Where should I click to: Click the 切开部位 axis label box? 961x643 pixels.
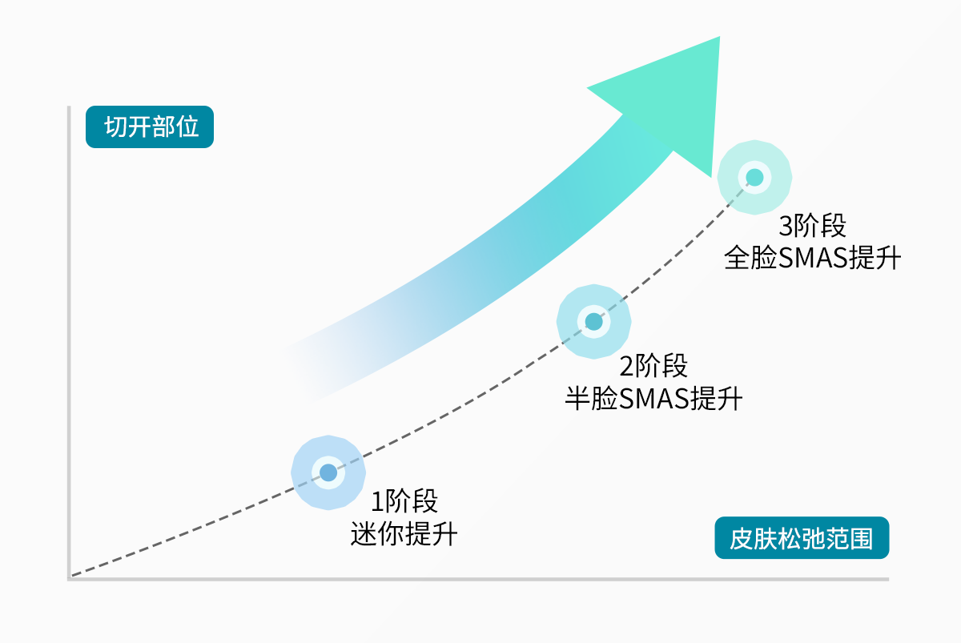click(x=150, y=127)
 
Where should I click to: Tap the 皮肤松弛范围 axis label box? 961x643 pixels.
click(x=802, y=538)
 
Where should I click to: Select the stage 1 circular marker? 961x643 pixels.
click(x=328, y=472)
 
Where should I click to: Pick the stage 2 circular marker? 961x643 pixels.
click(x=593, y=322)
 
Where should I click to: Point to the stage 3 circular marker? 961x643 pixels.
click(x=754, y=178)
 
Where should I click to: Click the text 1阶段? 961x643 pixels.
click(x=404, y=502)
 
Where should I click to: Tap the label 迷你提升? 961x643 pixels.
click(x=404, y=533)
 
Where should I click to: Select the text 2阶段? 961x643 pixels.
click(x=653, y=367)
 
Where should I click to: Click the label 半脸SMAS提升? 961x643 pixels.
click(x=653, y=398)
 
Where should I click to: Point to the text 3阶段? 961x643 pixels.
click(x=812, y=227)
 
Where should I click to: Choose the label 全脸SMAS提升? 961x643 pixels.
click(x=812, y=259)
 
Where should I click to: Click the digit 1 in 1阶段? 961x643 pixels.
click(x=377, y=503)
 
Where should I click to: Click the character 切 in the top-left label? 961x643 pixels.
click(x=115, y=127)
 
